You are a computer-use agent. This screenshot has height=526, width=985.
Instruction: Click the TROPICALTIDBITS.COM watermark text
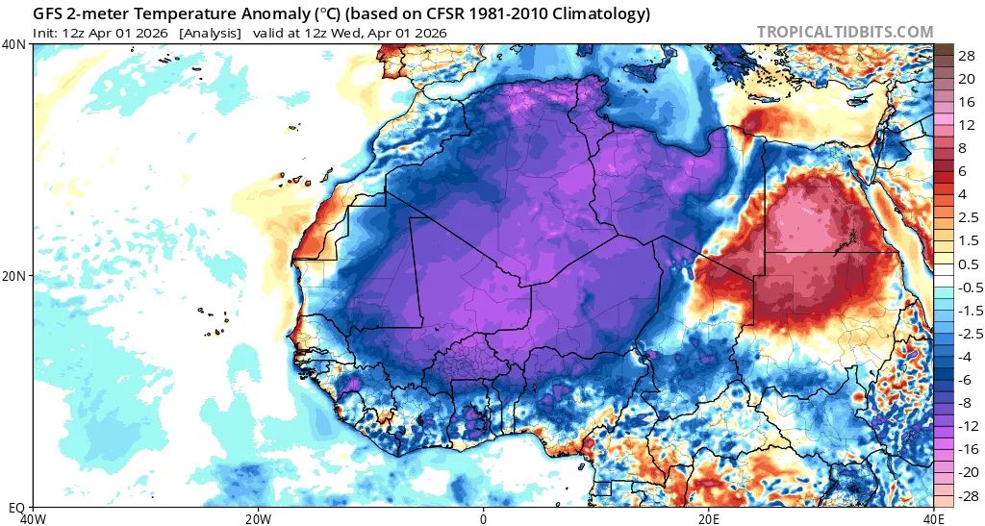pyautogui.click(x=845, y=32)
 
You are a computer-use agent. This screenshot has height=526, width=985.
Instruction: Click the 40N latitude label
pyautogui.click(x=15, y=44)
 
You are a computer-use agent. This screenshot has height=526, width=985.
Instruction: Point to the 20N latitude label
pyautogui.click(x=15, y=276)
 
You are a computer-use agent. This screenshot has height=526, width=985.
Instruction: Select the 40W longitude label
pyautogui.click(x=33, y=518)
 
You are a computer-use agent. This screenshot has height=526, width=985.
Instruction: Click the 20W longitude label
pyautogui.click(x=258, y=518)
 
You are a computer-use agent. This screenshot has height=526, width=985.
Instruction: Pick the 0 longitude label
pyautogui.click(x=483, y=518)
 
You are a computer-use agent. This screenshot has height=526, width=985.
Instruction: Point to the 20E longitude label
pyautogui.click(x=708, y=518)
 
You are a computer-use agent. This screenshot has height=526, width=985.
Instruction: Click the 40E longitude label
pyautogui.click(x=932, y=518)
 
